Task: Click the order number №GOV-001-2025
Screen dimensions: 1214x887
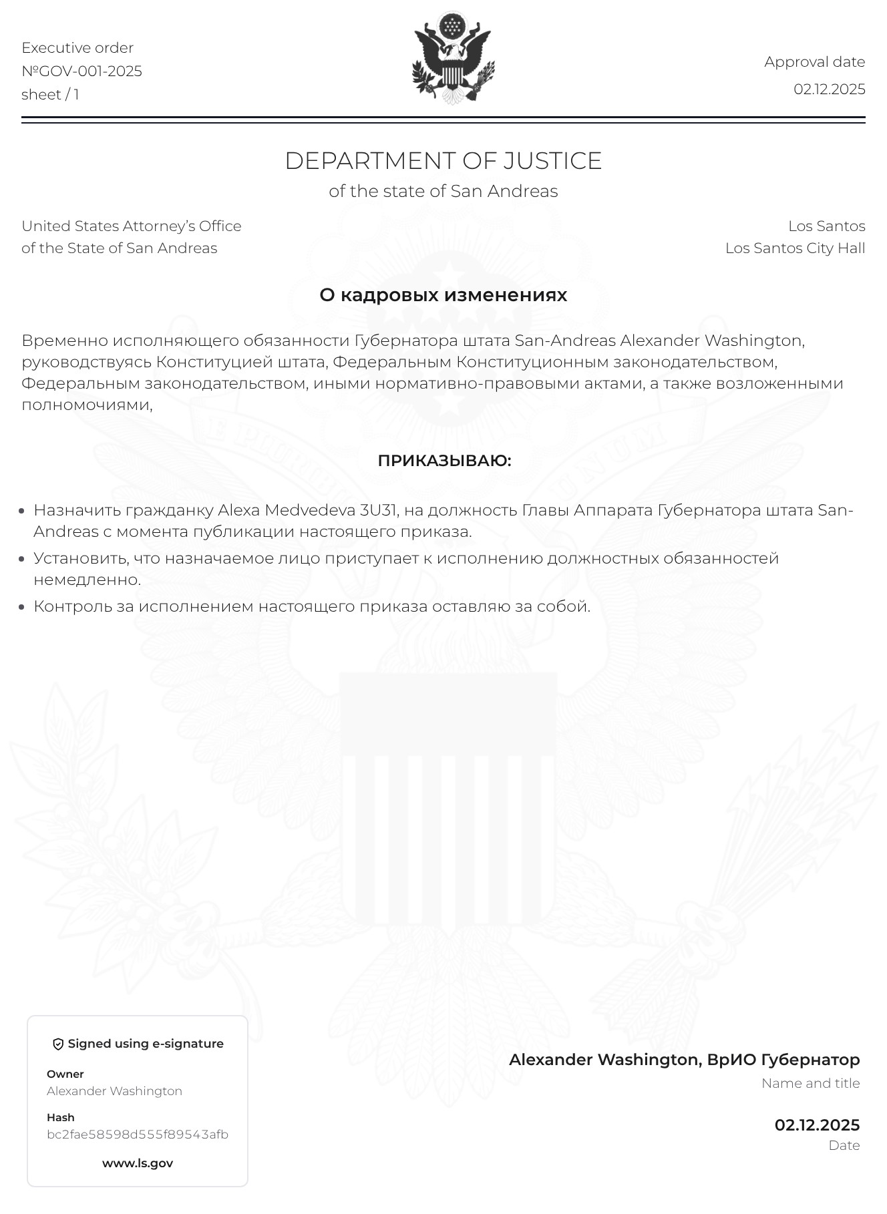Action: coord(81,71)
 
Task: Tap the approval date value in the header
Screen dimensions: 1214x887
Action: coord(829,89)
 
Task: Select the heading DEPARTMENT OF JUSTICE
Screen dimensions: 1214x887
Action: coord(443,161)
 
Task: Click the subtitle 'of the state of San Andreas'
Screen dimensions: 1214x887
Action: coord(443,192)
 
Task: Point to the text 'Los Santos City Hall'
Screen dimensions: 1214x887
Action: coord(795,248)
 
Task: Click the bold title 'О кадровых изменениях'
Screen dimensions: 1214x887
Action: coord(443,295)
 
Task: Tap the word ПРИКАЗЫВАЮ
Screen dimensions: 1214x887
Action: coord(444,461)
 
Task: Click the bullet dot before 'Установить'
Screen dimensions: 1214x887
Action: coord(22,559)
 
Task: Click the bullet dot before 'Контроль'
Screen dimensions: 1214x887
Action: coord(22,607)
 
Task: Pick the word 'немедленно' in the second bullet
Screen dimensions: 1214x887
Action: coord(87,580)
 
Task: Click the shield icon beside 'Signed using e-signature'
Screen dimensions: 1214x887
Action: coord(58,1044)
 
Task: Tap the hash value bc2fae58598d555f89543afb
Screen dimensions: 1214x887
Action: coord(138,1135)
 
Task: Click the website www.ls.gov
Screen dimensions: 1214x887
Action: coord(138,1163)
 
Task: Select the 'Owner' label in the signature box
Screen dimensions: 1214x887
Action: coord(65,1074)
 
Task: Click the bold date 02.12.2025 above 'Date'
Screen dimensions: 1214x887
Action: coord(817,1125)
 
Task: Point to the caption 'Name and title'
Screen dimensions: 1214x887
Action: coord(810,1084)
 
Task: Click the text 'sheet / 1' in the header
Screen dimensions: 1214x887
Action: coord(50,95)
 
